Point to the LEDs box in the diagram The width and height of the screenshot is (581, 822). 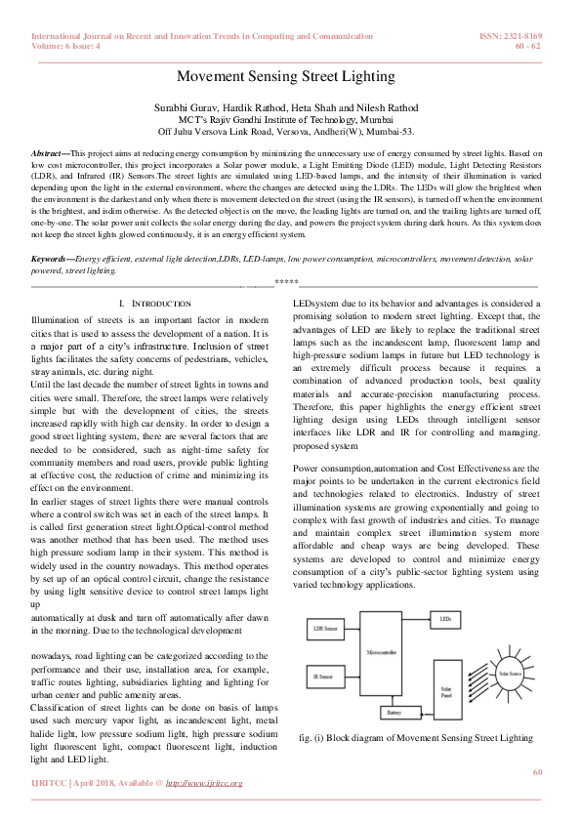click(444, 619)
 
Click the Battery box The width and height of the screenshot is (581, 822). click(394, 713)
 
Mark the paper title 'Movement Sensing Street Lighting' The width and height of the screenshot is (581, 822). click(290, 77)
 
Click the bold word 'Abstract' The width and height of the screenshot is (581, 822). click(48, 155)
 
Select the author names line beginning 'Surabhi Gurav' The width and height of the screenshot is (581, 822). click(290, 103)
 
